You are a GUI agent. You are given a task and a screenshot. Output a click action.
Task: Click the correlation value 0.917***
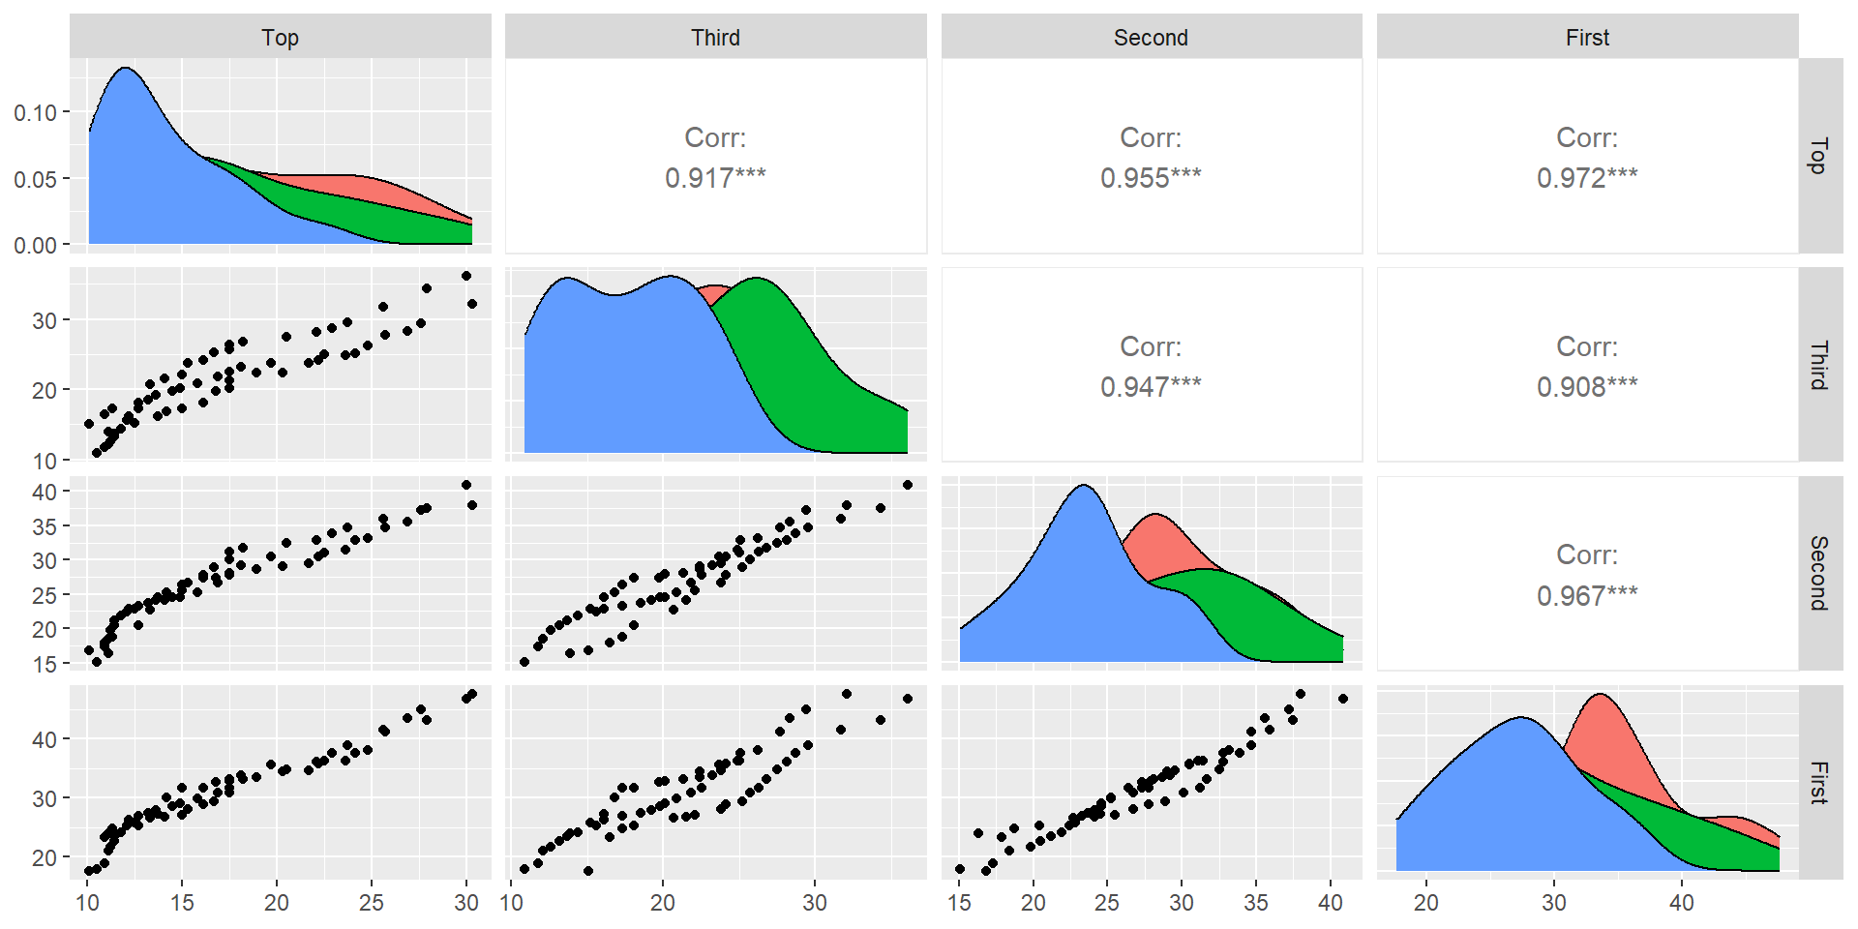pyautogui.click(x=715, y=178)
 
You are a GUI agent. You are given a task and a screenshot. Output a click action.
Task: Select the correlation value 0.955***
pyautogui.click(x=1151, y=178)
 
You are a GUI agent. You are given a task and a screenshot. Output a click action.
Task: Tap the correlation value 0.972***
pyautogui.click(x=1587, y=178)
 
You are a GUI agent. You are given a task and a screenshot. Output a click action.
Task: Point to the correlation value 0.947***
pyautogui.click(x=1151, y=387)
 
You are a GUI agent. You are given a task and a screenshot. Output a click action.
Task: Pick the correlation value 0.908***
pyautogui.click(x=1587, y=387)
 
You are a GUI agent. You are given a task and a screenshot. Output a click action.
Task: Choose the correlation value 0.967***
pyautogui.click(x=1587, y=595)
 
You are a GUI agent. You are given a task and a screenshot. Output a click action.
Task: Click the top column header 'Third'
pyautogui.click(x=715, y=38)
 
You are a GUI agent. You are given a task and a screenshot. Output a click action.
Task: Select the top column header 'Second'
pyautogui.click(x=1151, y=38)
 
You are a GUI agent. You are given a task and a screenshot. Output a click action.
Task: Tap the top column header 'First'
pyautogui.click(x=1587, y=38)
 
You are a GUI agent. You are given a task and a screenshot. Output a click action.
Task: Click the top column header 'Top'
pyautogui.click(x=280, y=38)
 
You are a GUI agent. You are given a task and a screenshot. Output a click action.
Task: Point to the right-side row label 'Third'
pyautogui.click(x=1819, y=365)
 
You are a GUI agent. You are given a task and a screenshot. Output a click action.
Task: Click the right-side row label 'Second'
pyautogui.click(x=1819, y=573)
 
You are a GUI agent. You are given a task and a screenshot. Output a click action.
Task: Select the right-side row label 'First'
pyautogui.click(x=1819, y=782)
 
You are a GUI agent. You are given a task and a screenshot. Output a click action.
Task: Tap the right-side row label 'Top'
pyautogui.click(x=1819, y=156)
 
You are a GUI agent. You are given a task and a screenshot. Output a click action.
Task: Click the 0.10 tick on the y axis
pyautogui.click(x=35, y=113)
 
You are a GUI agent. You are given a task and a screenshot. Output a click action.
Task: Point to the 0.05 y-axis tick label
pyautogui.click(x=35, y=179)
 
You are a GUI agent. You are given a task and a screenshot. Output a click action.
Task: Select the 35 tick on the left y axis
pyautogui.click(x=45, y=526)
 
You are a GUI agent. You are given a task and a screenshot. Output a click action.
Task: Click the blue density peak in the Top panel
pyautogui.click(x=125, y=69)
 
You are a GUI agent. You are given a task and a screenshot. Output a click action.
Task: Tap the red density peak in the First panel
pyautogui.click(x=1602, y=695)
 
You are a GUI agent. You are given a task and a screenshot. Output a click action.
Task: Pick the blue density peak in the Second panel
pyautogui.click(x=1084, y=486)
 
